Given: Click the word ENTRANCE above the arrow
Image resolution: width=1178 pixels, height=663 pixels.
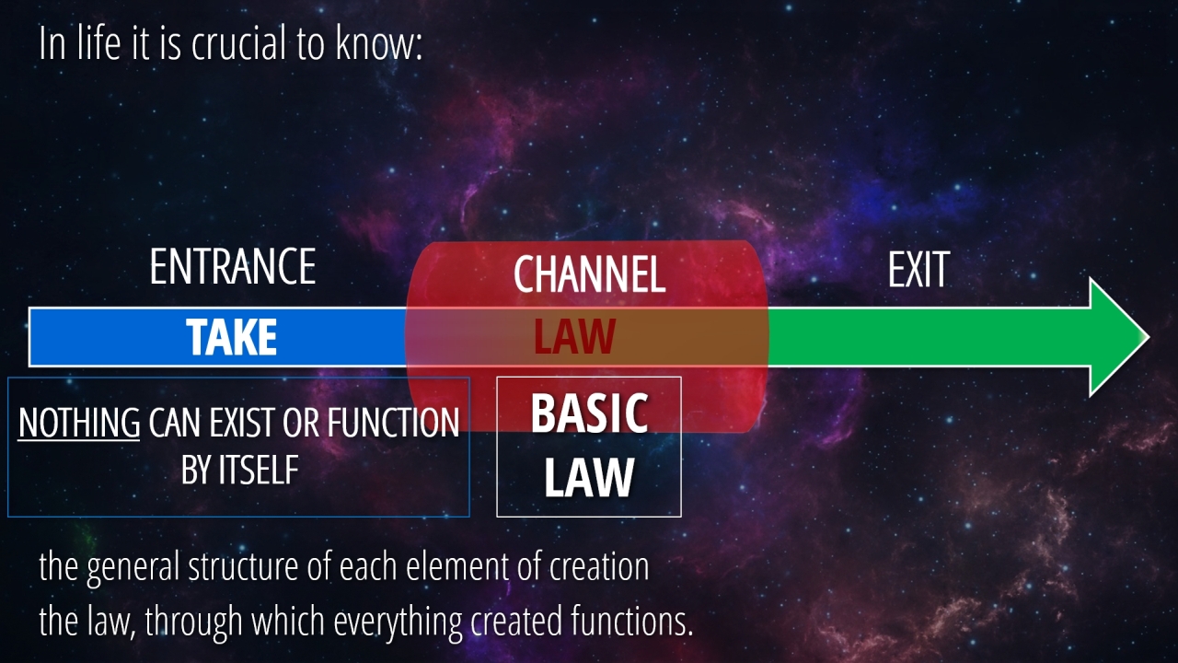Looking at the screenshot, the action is (233, 267).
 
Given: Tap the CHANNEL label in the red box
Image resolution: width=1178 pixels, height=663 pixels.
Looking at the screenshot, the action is (590, 273).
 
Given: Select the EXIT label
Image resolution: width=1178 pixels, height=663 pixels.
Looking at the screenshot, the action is (918, 270).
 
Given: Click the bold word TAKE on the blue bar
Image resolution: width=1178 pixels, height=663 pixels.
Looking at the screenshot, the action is (231, 337).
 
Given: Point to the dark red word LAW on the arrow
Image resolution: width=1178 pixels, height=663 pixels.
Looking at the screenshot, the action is (574, 336).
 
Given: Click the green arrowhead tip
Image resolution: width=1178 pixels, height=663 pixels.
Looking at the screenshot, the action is (1149, 337).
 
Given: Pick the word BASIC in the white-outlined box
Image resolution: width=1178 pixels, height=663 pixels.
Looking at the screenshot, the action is (589, 413).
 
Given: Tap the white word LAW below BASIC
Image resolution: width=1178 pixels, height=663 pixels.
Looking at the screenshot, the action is (589, 478).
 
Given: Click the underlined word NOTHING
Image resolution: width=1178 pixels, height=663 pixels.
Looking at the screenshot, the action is (79, 423).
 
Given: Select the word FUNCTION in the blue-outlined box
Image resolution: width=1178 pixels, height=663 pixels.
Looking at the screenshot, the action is (393, 423).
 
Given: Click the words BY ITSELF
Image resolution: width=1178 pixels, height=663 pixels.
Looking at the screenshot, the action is (240, 470).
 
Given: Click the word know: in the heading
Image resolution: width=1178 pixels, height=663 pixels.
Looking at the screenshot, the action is (378, 43).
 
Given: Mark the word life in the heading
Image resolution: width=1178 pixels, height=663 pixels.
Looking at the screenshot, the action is (98, 43).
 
